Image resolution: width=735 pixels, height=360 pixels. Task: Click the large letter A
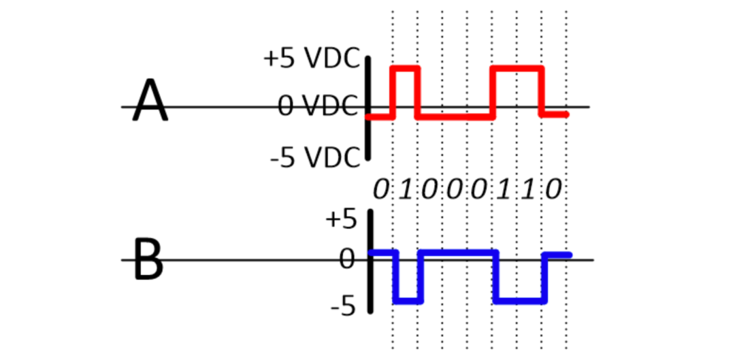tap(150, 100)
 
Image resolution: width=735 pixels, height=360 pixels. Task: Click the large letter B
tap(149, 259)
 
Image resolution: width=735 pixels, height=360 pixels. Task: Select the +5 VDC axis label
tap(311, 59)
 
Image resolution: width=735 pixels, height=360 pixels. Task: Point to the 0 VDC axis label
tap(318, 106)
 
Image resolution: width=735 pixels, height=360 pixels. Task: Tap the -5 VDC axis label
tap(315, 157)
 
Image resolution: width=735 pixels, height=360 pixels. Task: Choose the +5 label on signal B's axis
tap(340, 219)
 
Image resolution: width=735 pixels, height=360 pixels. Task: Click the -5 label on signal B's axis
tap(343, 308)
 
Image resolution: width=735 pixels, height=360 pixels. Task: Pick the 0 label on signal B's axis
tap(347, 260)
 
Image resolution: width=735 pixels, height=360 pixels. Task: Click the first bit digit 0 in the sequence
tap(380, 190)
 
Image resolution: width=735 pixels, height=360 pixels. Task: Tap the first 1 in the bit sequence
tap(406, 190)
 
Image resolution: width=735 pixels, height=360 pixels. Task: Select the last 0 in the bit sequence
tap(553, 190)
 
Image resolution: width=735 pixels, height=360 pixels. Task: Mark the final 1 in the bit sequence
tap(528, 190)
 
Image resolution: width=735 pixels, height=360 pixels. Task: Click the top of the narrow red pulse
tap(406, 69)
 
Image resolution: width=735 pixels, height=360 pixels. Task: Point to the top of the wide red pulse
tap(517, 69)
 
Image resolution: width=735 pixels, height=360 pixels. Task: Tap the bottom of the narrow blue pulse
tap(409, 301)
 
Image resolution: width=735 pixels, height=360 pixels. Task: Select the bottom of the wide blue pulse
tap(521, 301)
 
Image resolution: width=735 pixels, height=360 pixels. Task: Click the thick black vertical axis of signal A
tap(368, 108)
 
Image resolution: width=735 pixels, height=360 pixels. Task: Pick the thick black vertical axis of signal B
tap(370, 261)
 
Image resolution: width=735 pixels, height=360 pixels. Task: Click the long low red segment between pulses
tap(454, 116)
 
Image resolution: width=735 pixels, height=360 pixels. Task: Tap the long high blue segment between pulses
tap(459, 252)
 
